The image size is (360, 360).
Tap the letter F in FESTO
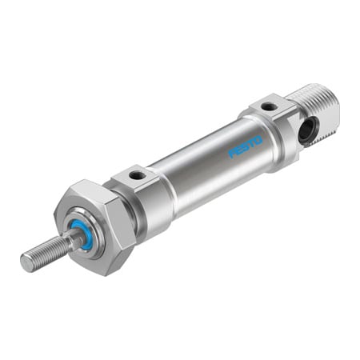point(232,154)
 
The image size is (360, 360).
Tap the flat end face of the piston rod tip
point(25,262)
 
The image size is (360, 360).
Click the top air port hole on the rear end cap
point(270,106)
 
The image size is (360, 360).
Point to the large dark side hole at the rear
point(306,130)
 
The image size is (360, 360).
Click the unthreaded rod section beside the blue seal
point(69,241)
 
